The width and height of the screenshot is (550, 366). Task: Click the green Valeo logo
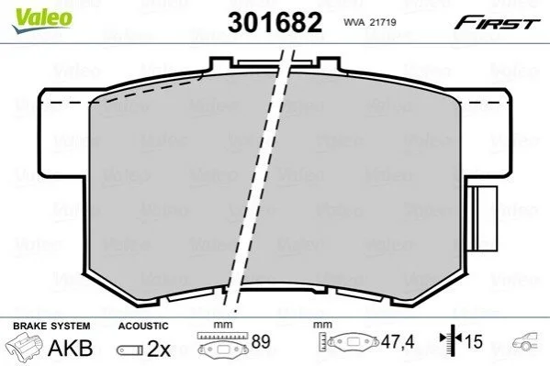click(42, 20)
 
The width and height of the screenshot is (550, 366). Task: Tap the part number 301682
click(275, 22)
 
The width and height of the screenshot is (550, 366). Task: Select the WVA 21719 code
click(370, 22)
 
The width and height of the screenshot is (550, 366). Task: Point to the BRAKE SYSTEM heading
click(51, 326)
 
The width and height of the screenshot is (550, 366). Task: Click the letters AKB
click(70, 348)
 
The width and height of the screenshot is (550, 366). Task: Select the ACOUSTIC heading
click(143, 326)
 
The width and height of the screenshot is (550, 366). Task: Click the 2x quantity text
click(159, 349)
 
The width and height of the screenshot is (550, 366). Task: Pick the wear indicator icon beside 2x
click(129, 349)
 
